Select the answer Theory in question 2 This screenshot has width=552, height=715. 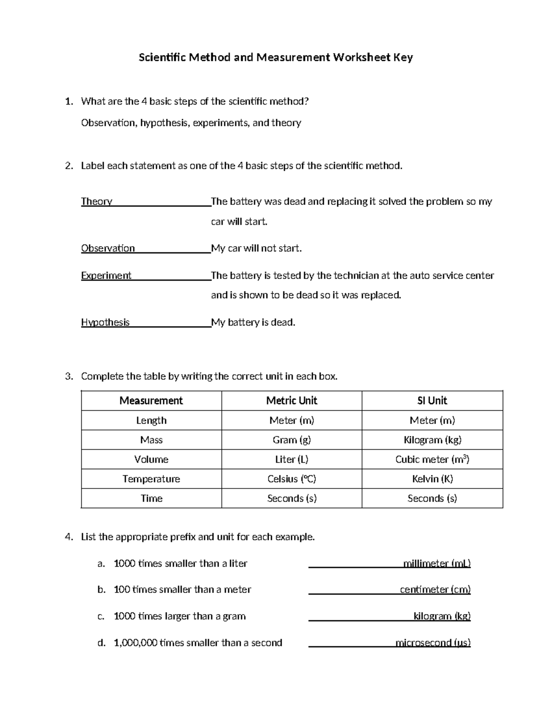pos(97,202)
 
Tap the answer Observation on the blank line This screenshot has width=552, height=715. pos(108,249)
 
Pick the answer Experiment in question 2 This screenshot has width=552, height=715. pos(106,276)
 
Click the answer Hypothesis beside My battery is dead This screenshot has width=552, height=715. pos(105,323)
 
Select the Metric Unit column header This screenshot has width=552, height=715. pos(292,401)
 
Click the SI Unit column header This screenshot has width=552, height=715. pos(432,401)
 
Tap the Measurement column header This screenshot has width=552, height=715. pos(151,401)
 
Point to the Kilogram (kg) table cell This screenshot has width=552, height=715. pos(432,440)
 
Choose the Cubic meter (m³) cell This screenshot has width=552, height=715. pos(432,459)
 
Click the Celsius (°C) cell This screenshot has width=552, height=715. pos(292,479)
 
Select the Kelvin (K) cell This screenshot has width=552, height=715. pos(432,479)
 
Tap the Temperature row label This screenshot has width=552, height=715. pos(151,479)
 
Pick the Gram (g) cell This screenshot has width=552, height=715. pos(292,440)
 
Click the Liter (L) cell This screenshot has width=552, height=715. pos(292,459)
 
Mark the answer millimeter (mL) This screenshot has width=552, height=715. pos(437,564)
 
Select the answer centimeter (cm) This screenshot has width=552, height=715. pos(435,590)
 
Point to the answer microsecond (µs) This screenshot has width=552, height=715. pos(433,643)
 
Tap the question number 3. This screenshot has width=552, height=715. pos(69,377)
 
